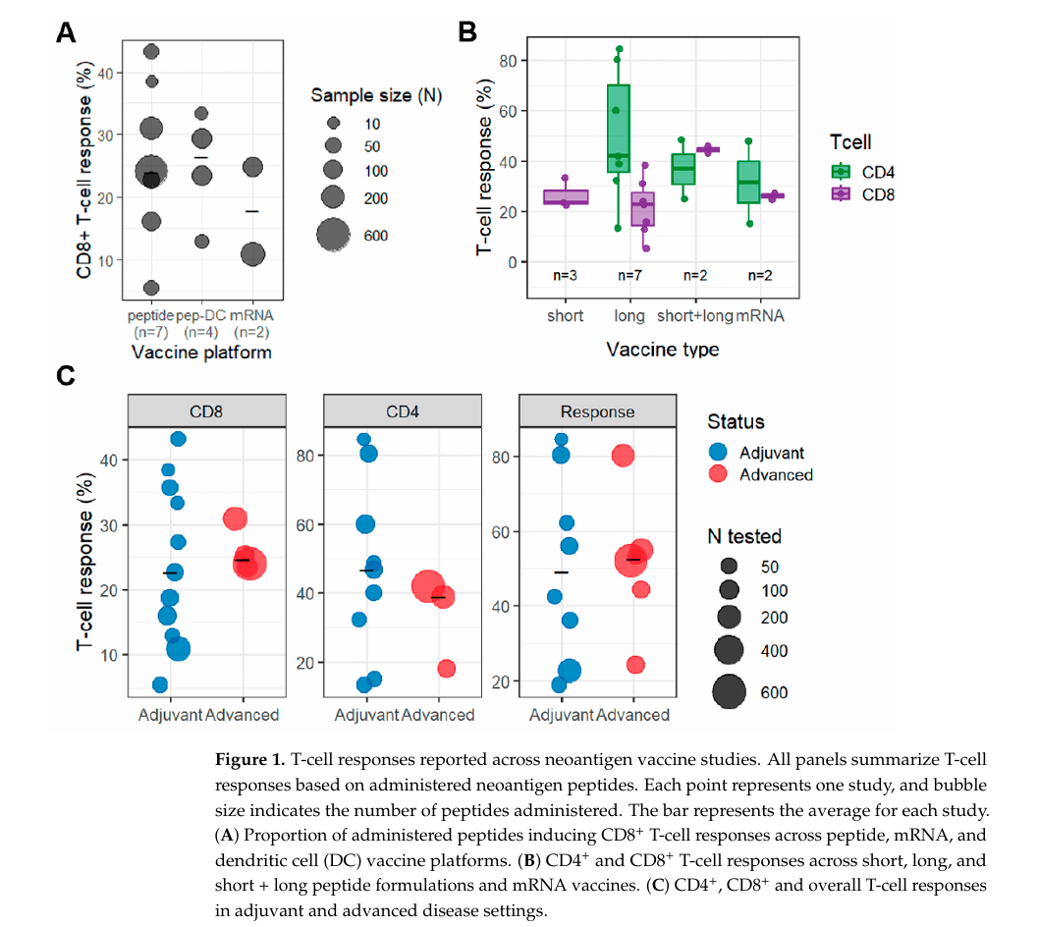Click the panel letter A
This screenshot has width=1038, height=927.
pyautogui.click(x=66, y=32)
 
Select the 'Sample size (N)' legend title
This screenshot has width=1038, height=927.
pyautogui.click(x=376, y=95)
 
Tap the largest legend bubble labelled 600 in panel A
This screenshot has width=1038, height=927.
pyautogui.click(x=332, y=235)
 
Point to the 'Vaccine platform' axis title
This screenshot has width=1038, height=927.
pyautogui.click(x=201, y=352)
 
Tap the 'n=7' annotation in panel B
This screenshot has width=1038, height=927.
pyautogui.click(x=631, y=276)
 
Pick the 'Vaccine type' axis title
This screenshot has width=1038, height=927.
pyautogui.click(x=662, y=350)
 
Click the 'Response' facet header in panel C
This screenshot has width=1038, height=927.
pyautogui.click(x=597, y=411)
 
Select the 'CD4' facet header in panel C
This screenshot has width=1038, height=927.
pyautogui.click(x=403, y=411)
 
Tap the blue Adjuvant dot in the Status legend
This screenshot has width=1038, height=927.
pyautogui.click(x=718, y=453)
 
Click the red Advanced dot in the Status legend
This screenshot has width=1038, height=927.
pyautogui.click(x=718, y=474)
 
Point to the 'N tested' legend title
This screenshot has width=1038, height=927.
pyautogui.click(x=744, y=536)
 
